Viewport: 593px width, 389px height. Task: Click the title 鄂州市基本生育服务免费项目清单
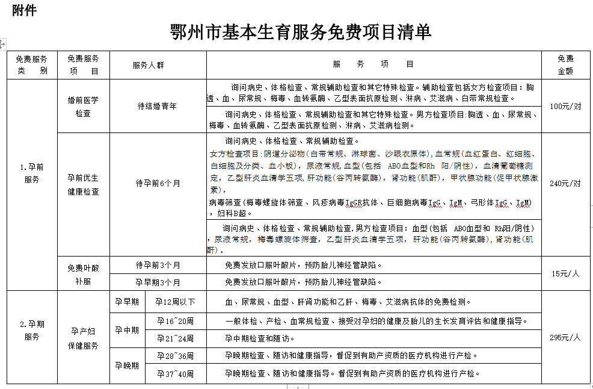(x=301, y=32)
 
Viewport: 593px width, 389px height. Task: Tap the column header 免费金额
(x=565, y=64)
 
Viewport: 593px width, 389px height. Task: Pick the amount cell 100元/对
(x=565, y=106)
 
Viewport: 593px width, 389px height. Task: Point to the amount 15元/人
(x=565, y=273)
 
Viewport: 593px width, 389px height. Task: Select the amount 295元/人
(x=565, y=337)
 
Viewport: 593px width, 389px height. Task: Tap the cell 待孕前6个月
(x=158, y=183)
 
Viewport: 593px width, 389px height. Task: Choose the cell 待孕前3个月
(x=158, y=265)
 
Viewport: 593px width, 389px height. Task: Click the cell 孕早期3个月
(x=158, y=282)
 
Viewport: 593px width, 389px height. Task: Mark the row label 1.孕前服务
(x=32, y=173)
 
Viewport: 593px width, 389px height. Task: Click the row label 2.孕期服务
(x=32, y=331)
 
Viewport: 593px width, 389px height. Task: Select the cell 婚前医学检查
(x=83, y=106)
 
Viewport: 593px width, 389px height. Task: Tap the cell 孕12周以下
(x=175, y=302)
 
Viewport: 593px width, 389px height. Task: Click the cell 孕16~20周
(x=175, y=322)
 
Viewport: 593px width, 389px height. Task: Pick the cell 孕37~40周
(x=175, y=373)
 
